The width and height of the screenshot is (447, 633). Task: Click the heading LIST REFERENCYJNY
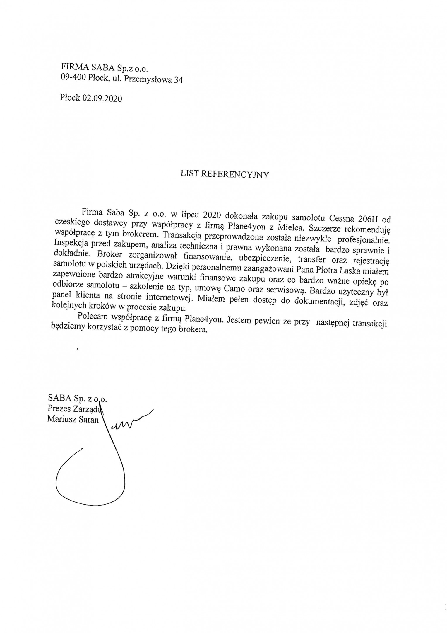pyautogui.click(x=225, y=175)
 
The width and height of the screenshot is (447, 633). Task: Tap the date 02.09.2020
pyautogui.click(x=102, y=98)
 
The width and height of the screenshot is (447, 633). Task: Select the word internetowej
pyautogui.click(x=169, y=297)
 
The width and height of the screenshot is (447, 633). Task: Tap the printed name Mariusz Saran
pyautogui.click(x=73, y=419)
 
